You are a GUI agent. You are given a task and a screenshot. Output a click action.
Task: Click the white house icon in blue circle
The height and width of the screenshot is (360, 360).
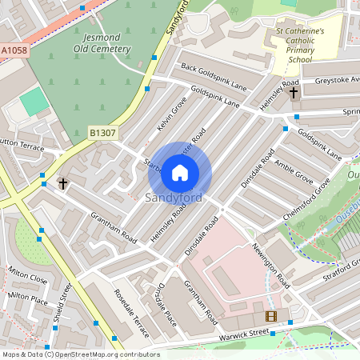[180, 172]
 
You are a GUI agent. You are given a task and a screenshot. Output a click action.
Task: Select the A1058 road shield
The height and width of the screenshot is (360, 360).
[14, 50]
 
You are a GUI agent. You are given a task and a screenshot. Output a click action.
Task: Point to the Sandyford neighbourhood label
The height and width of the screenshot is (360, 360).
[174, 198]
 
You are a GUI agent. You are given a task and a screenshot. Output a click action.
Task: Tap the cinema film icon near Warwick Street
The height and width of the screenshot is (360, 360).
[270, 316]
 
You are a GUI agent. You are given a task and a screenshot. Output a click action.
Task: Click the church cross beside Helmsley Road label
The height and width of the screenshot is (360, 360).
[293, 93]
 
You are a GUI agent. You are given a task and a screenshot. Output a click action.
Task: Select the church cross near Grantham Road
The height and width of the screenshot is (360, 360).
[63, 184]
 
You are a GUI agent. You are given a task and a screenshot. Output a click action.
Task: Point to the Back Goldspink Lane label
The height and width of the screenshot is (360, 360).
[213, 77]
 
